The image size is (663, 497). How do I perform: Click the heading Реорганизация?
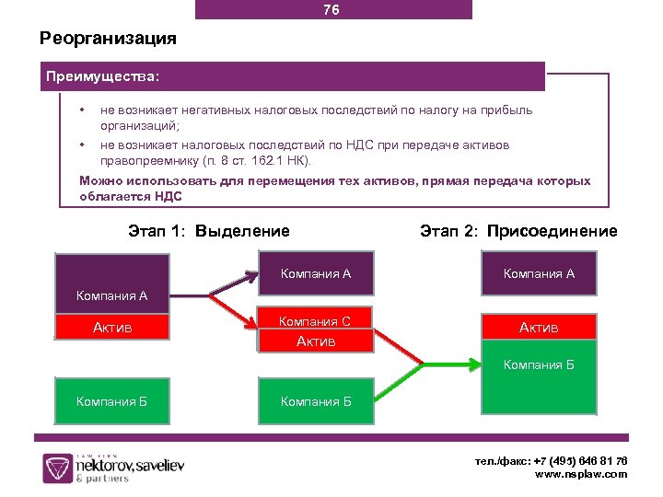click(108, 40)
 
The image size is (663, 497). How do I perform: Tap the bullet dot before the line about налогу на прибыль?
click(83, 110)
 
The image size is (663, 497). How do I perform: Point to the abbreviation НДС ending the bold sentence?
click(169, 196)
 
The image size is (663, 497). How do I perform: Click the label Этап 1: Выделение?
click(209, 231)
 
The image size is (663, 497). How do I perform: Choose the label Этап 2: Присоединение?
click(518, 231)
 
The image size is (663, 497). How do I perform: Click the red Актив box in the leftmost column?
click(111, 327)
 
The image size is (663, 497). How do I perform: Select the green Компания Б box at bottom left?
click(111, 401)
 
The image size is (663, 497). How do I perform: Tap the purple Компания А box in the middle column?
click(316, 273)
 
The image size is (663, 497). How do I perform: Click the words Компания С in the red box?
click(316, 321)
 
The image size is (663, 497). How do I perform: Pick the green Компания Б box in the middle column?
click(316, 401)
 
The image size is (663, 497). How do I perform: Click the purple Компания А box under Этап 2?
click(539, 273)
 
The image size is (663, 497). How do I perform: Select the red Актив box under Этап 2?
click(539, 327)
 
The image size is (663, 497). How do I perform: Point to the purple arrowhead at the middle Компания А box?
click(250, 273)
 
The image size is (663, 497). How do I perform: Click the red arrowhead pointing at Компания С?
click(250, 323)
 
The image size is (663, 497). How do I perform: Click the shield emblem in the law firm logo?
click(58, 468)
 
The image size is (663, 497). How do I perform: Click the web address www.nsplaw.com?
click(581, 474)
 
